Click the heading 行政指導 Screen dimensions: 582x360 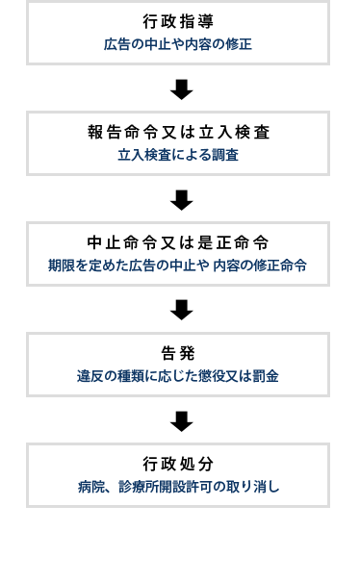(178, 22)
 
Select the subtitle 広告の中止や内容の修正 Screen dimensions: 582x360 (178, 44)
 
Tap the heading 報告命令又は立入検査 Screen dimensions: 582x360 (178, 133)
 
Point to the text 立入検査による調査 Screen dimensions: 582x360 (178, 155)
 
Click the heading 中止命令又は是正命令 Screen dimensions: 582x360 (178, 242)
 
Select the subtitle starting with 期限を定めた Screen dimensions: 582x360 (178, 266)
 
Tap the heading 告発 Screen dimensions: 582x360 (178, 353)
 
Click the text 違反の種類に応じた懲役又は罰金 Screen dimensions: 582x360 (178, 376)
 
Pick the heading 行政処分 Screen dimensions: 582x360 (178, 464)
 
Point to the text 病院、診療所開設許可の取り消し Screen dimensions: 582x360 (178, 487)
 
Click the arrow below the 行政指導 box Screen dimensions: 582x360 (181, 89)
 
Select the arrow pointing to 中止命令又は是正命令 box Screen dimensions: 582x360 (181, 200)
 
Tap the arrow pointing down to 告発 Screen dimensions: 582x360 (181, 310)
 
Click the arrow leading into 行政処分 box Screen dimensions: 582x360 (181, 420)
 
